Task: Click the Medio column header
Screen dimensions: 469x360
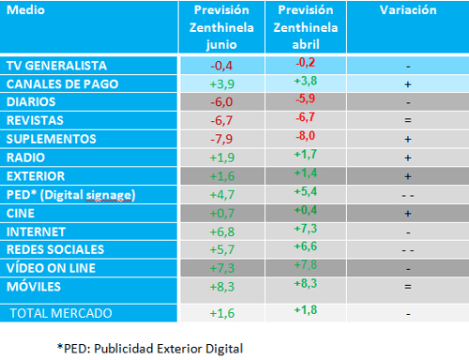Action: click(25, 10)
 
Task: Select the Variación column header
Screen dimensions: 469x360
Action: click(408, 10)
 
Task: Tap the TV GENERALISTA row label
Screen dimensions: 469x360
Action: click(56, 66)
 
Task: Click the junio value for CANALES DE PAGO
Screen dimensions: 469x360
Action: click(222, 84)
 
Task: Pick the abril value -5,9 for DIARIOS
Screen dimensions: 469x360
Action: click(306, 98)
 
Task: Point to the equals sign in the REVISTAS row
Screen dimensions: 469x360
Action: click(408, 120)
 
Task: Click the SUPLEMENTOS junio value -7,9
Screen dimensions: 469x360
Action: click(221, 139)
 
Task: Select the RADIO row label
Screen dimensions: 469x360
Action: click(25, 157)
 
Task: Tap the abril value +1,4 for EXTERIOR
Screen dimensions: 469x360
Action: click(306, 172)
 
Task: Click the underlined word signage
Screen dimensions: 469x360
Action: click(110, 196)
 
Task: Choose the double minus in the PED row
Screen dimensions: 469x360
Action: click(408, 196)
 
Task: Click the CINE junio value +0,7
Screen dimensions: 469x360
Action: click(222, 214)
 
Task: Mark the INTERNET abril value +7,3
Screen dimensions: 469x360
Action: click(306, 229)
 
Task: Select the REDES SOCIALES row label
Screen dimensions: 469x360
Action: click(55, 249)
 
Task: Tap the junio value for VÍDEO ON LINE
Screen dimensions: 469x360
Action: click(222, 268)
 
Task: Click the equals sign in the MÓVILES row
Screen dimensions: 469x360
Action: click(408, 286)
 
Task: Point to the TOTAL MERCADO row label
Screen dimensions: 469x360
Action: click(61, 313)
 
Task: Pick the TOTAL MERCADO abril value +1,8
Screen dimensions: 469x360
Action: click(306, 309)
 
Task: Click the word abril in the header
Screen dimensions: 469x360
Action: click(306, 44)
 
